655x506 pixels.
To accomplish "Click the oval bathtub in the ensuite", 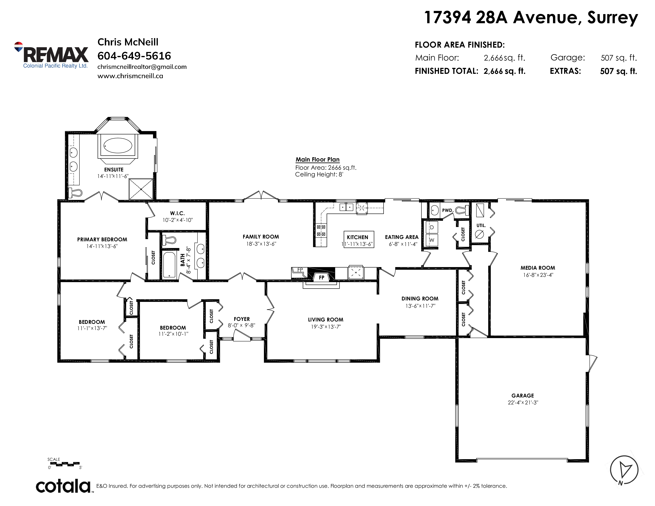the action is [118, 146].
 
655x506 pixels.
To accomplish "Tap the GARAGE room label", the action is [523, 395].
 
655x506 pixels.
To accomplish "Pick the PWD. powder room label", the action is [447, 210].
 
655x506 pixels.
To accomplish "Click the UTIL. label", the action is [481, 225].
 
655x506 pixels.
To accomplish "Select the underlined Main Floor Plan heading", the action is [318, 160].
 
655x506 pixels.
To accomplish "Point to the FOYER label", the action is [242, 319].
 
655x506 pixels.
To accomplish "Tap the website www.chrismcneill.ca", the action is [130, 76].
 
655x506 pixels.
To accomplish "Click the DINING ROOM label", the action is [420, 299].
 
